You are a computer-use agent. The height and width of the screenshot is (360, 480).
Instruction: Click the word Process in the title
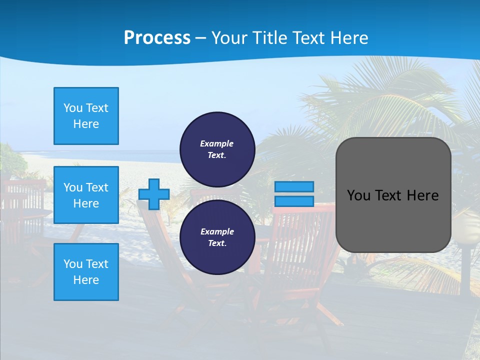click(157, 38)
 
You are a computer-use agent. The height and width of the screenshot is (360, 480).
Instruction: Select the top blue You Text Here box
click(86, 116)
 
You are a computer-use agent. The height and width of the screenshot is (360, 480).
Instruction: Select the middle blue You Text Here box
click(86, 195)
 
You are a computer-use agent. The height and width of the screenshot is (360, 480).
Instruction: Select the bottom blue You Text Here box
click(86, 272)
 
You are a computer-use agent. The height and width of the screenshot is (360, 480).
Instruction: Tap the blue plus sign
click(154, 194)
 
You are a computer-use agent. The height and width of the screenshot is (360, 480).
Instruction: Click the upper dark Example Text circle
click(217, 149)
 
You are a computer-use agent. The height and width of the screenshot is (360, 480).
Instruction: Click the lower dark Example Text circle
click(217, 237)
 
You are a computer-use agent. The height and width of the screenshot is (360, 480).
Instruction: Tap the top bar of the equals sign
click(294, 186)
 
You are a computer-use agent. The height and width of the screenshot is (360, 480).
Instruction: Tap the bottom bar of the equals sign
click(294, 201)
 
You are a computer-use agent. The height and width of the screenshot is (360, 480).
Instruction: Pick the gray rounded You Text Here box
click(393, 195)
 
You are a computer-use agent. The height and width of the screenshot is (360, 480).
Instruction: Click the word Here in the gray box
click(423, 195)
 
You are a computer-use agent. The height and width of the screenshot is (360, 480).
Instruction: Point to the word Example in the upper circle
click(217, 144)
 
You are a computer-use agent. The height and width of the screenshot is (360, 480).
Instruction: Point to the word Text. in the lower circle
click(217, 243)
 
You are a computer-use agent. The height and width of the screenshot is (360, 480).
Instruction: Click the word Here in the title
click(349, 38)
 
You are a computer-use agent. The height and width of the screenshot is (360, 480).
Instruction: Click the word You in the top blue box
click(72, 108)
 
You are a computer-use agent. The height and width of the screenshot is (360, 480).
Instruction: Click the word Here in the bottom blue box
click(86, 280)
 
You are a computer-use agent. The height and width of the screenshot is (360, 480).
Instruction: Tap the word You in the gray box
click(358, 195)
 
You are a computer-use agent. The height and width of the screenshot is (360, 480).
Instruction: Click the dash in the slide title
click(200, 38)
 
